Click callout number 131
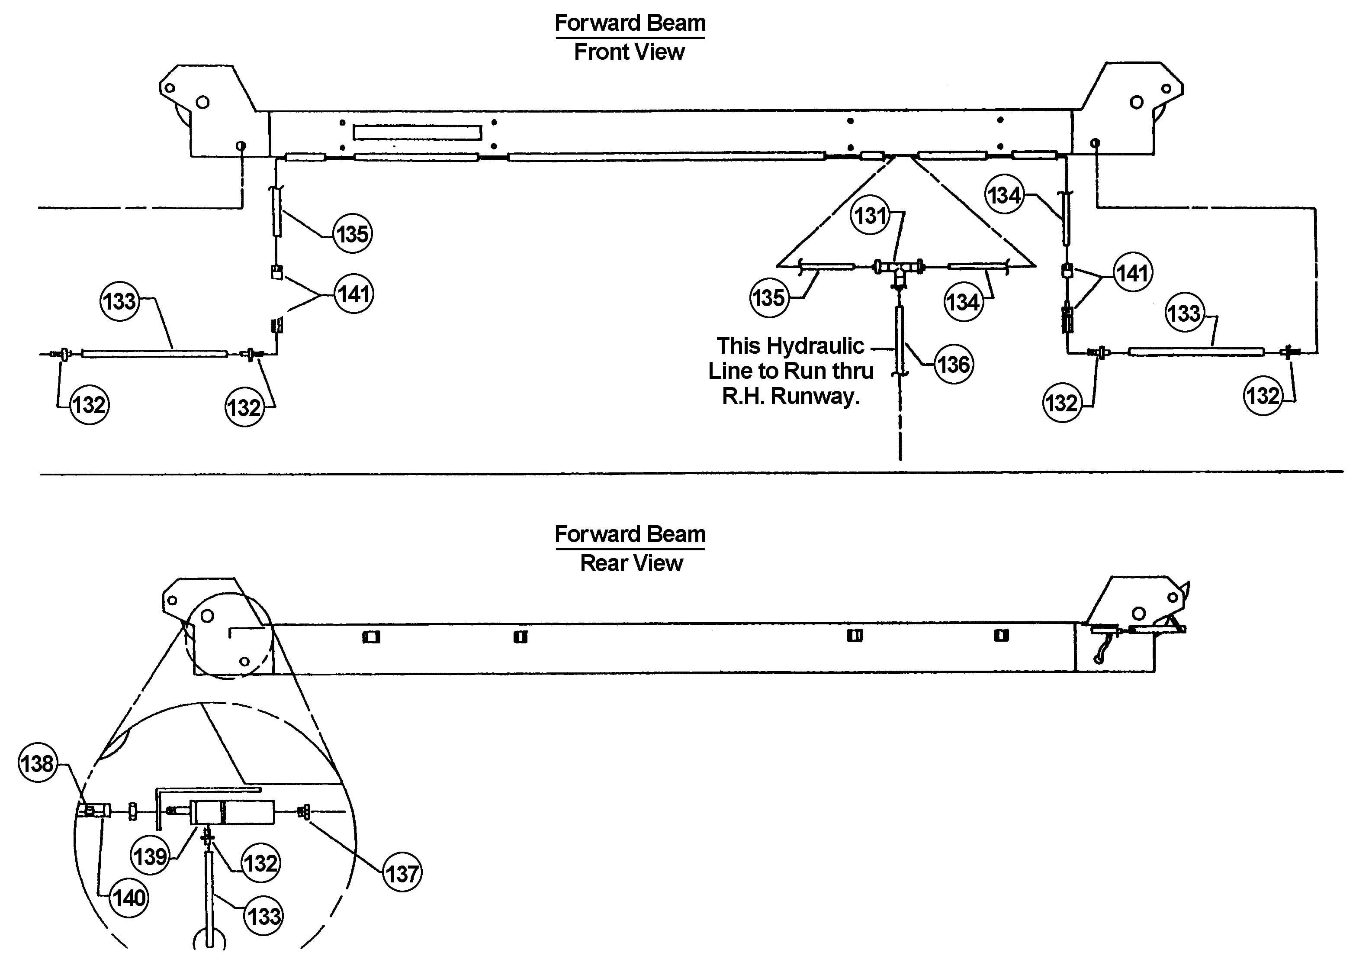[x=871, y=215]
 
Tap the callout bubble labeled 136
[x=953, y=364]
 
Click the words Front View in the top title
[x=629, y=52]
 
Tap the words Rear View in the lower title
[x=631, y=563]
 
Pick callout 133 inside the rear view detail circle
[x=263, y=915]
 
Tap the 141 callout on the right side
[x=1132, y=273]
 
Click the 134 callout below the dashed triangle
[x=962, y=302]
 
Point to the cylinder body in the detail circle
[x=232, y=812]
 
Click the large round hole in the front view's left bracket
[x=203, y=102]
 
